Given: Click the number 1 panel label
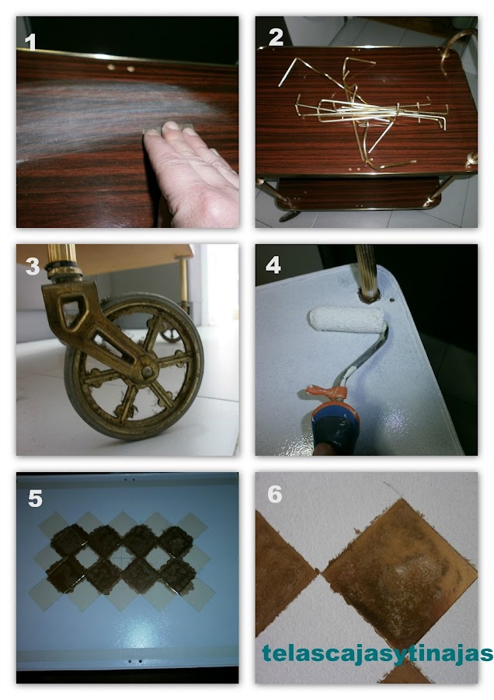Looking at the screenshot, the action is (30, 43).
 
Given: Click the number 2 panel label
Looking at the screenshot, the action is (277, 37).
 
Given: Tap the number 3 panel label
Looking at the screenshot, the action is (33, 266).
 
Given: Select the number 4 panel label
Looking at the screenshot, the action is (273, 265).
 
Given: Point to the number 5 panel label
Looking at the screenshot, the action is (35, 499).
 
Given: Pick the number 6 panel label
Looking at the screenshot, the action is (275, 494).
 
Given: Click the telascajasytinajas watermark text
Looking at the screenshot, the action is (377, 654).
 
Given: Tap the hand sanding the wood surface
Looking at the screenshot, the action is (190, 172).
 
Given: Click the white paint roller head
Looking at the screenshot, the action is (347, 319).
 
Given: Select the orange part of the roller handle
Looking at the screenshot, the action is (329, 393).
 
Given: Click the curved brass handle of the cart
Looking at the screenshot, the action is (453, 49).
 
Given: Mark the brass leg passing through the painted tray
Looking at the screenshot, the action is (367, 272).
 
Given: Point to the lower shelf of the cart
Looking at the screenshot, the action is (361, 194).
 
